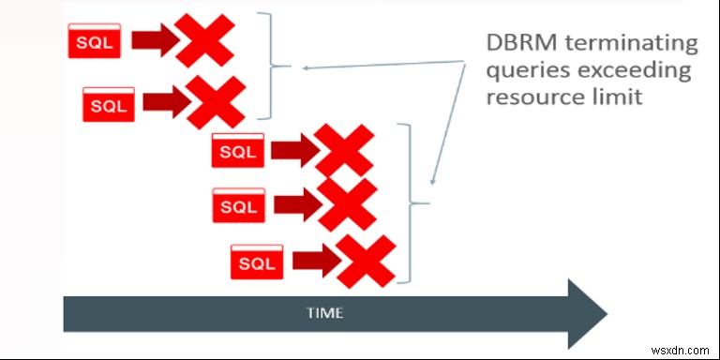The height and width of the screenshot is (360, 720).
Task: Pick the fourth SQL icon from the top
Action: (x=238, y=205)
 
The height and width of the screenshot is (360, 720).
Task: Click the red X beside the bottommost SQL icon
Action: (x=366, y=262)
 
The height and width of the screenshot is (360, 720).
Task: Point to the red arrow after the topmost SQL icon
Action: (x=154, y=40)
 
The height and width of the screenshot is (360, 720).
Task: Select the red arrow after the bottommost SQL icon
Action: (x=316, y=262)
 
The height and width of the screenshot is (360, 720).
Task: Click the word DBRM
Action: (x=517, y=43)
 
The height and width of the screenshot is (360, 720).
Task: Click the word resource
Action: (x=530, y=97)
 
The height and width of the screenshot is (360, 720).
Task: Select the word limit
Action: (x=620, y=97)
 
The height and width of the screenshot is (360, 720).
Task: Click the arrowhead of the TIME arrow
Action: (x=586, y=311)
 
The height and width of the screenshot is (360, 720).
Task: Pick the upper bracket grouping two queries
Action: (x=272, y=66)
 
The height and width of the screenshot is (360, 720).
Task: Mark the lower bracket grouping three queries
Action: (x=409, y=202)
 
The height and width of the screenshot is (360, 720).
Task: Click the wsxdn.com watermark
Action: (x=682, y=348)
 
